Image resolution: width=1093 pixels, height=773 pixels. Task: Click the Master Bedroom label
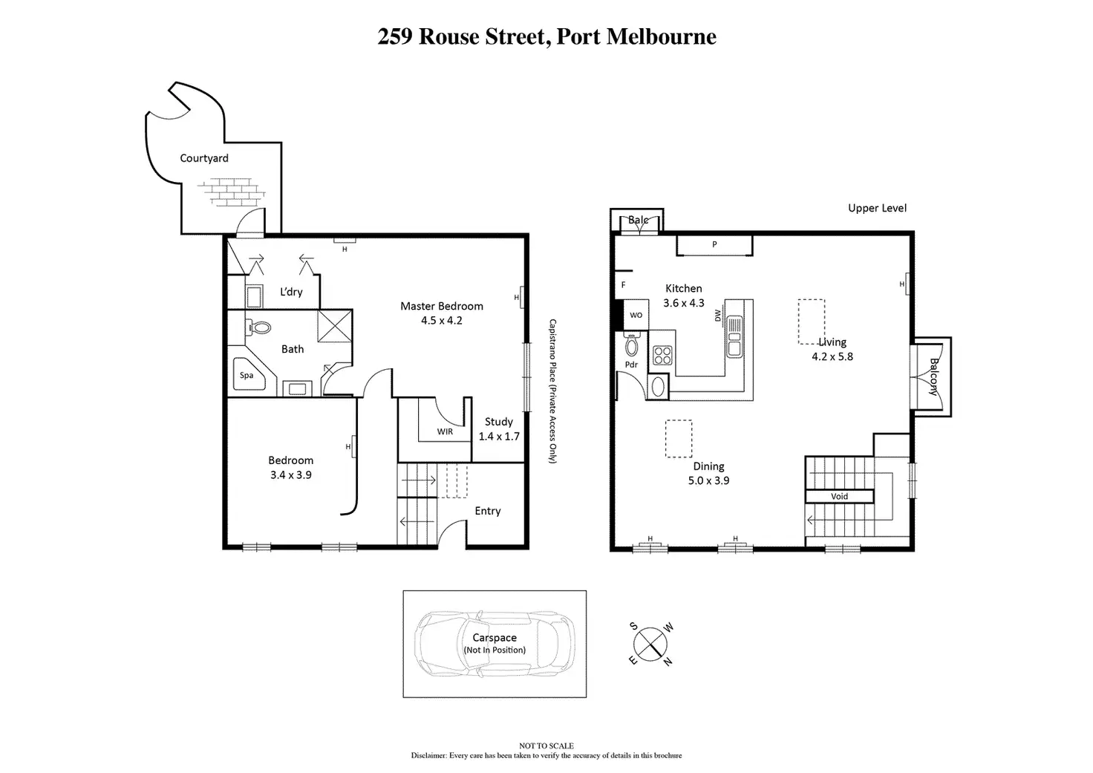(x=441, y=306)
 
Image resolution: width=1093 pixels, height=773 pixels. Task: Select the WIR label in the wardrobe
(x=445, y=431)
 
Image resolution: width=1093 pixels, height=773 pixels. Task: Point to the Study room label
(x=498, y=422)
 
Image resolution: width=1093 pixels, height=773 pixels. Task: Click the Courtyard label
(x=204, y=158)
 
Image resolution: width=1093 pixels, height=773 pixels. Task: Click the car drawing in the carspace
(x=494, y=643)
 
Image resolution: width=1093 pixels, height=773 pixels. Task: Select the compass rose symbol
(x=651, y=644)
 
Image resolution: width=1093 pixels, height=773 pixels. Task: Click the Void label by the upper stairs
(x=839, y=496)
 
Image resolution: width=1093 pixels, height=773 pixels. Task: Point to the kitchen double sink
(x=734, y=336)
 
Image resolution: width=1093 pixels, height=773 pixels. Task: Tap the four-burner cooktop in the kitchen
(x=662, y=356)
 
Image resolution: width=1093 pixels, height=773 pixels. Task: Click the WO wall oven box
(x=636, y=315)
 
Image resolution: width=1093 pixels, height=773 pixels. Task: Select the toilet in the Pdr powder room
(x=632, y=346)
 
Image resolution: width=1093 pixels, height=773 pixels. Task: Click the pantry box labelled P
(x=714, y=244)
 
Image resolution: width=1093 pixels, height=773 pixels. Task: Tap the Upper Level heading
(x=877, y=208)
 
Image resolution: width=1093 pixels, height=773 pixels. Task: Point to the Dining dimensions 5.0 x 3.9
(x=708, y=480)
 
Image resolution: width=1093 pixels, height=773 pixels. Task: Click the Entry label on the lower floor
(x=487, y=511)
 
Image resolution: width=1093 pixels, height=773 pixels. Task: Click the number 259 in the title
(x=394, y=37)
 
